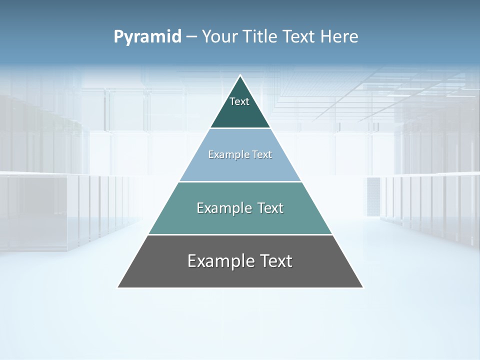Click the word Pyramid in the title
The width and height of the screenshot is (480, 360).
point(147,37)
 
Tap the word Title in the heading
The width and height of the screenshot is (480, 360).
point(259,36)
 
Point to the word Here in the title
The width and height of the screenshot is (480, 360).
point(339,36)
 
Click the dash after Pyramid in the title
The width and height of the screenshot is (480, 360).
point(191,37)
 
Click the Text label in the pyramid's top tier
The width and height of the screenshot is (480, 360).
point(239,101)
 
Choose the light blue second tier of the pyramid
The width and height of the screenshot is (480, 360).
point(240,167)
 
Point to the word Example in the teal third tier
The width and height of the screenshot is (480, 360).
point(223,208)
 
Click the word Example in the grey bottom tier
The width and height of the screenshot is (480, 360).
point(220,261)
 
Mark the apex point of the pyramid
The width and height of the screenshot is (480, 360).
point(240,75)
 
